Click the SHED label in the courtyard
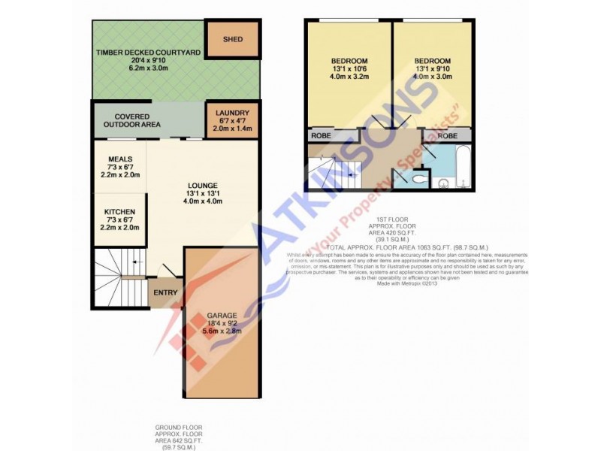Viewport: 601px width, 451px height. (233, 38)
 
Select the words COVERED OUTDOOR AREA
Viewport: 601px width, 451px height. (131, 120)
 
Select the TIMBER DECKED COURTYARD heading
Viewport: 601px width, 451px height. (148, 52)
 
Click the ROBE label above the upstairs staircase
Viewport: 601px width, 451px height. (323, 137)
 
